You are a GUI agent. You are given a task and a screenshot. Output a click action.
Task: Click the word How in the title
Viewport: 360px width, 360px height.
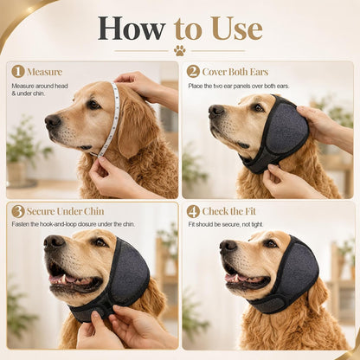click(x=132, y=29)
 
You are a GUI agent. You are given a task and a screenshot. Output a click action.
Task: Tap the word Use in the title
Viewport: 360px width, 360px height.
click(x=239, y=29)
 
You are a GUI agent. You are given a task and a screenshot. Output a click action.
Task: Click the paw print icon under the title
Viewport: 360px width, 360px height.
click(x=180, y=51)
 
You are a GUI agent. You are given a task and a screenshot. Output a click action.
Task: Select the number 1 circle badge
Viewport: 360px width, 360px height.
click(x=18, y=72)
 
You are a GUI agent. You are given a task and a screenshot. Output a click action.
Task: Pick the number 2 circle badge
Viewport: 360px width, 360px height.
click(x=193, y=72)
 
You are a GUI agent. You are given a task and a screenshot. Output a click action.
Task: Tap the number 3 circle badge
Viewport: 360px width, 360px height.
click(x=18, y=211)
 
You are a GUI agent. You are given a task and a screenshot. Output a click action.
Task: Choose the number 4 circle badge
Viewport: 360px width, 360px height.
click(x=193, y=211)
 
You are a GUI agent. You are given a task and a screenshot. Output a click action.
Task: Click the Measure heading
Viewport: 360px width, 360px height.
click(x=44, y=72)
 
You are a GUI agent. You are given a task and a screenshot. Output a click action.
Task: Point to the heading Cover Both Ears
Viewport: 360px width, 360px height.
click(x=235, y=72)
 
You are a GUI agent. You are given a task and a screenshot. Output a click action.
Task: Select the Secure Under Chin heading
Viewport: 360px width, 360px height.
click(x=65, y=211)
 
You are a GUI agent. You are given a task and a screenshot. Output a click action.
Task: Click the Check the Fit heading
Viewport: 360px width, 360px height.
click(x=229, y=211)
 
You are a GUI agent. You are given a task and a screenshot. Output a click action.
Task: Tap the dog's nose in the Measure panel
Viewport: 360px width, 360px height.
click(x=53, y=121)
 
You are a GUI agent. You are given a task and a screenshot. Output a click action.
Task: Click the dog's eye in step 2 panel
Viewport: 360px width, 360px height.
click(x=258, y=108)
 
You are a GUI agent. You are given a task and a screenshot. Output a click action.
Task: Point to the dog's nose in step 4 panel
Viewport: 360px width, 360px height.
click(x=228, y=246)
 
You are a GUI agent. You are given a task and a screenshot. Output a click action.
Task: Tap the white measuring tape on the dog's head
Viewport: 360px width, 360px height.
click(x=111, y=119)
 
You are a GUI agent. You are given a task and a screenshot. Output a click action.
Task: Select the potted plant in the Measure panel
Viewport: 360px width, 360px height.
click(x=22, y=153)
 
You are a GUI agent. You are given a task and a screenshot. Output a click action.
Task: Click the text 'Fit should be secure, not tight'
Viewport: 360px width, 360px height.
click(x=226, y=224)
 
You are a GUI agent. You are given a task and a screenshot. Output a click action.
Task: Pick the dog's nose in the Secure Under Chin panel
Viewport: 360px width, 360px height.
click(x=54, y=241)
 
